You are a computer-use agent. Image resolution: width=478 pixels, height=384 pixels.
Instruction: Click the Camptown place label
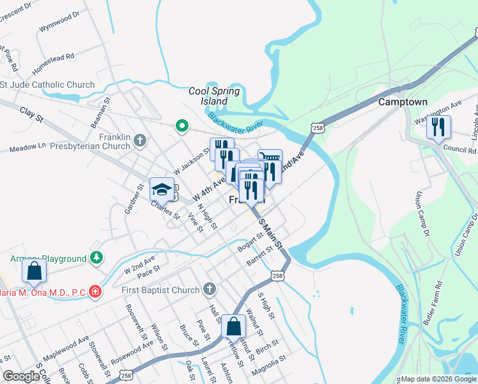click(403, 102)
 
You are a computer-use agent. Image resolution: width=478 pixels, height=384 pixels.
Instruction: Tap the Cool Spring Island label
click(214, 96)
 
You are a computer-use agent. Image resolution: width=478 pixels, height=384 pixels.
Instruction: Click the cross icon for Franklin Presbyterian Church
click(141, 139)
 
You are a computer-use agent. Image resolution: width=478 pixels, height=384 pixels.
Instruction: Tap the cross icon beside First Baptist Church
click(210, 290)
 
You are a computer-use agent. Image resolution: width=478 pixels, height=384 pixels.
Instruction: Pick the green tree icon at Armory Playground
click(96, 258)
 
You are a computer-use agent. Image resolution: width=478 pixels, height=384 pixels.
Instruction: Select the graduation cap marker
click(162, 189)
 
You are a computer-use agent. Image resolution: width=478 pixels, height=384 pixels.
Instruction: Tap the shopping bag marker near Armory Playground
click(34, 271)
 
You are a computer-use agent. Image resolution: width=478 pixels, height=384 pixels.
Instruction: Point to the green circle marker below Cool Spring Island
click(181, 126)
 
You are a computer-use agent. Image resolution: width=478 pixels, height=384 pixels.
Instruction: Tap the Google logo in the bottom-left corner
click(21, 376)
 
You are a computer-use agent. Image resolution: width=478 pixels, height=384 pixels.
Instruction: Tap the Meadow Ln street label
click(27, 148)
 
